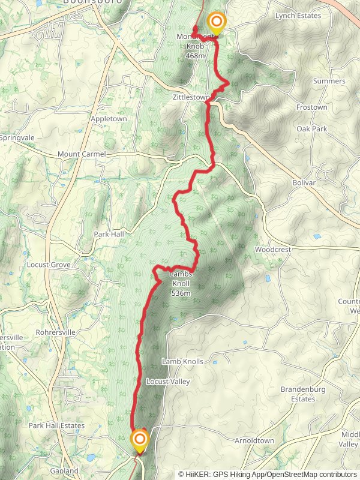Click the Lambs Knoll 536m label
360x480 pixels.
click(181, 284)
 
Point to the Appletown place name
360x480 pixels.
click(109, 119)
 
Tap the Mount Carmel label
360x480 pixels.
click(82, 154)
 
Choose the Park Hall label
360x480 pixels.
click(109, 233)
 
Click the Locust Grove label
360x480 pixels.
click(49, 265)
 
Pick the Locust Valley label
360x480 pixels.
click(167, 382)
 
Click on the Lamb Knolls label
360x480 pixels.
click(182, 362)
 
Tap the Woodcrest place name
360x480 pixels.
click(273, 249)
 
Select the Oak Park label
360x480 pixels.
click(311, 129)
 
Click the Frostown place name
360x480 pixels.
click(311, 107)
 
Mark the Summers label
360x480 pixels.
click(329, 81)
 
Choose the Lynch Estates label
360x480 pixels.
click(298, 16)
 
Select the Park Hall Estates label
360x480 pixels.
click(56, 425)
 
